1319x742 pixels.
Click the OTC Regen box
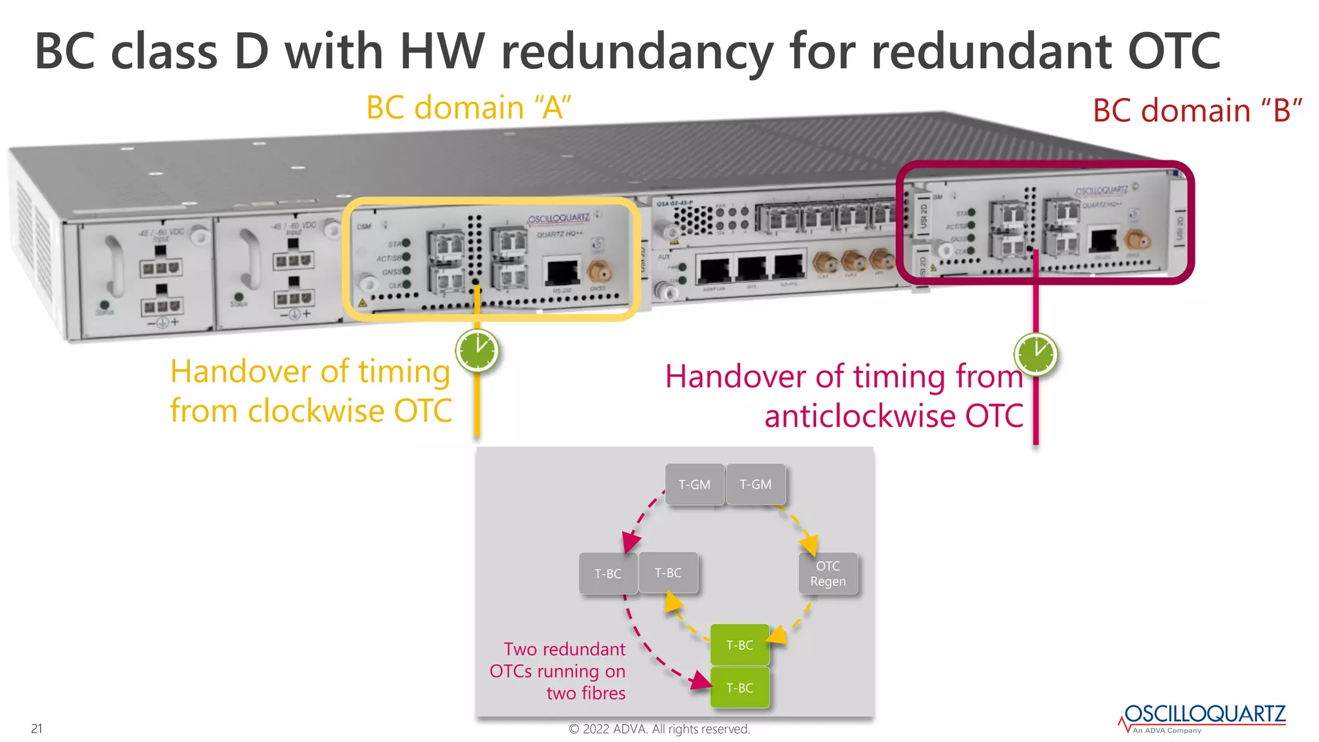tap(828, 573)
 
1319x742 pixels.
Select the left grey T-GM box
tap(694, 484)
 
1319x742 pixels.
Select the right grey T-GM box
tap(755, 484)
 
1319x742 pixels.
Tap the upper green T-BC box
tap(739, 645)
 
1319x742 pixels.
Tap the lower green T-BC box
tap(739, 688)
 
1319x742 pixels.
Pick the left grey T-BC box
tap(607, 573)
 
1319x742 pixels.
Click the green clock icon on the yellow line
tap(477, 351)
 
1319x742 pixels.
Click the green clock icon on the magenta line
tap(1036, 354)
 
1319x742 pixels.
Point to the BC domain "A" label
tap(468, 108)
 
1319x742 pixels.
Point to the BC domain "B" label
tap(1197, 111)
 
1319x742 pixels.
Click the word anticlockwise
tap(859, 416)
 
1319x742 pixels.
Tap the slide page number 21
tap(37, 728)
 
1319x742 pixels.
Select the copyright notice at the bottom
tap(659, 729)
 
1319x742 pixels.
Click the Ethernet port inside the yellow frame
tap(562, 271)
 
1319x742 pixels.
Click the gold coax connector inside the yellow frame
tap(598, 272)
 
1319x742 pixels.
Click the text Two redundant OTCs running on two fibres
tap(558, 671)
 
